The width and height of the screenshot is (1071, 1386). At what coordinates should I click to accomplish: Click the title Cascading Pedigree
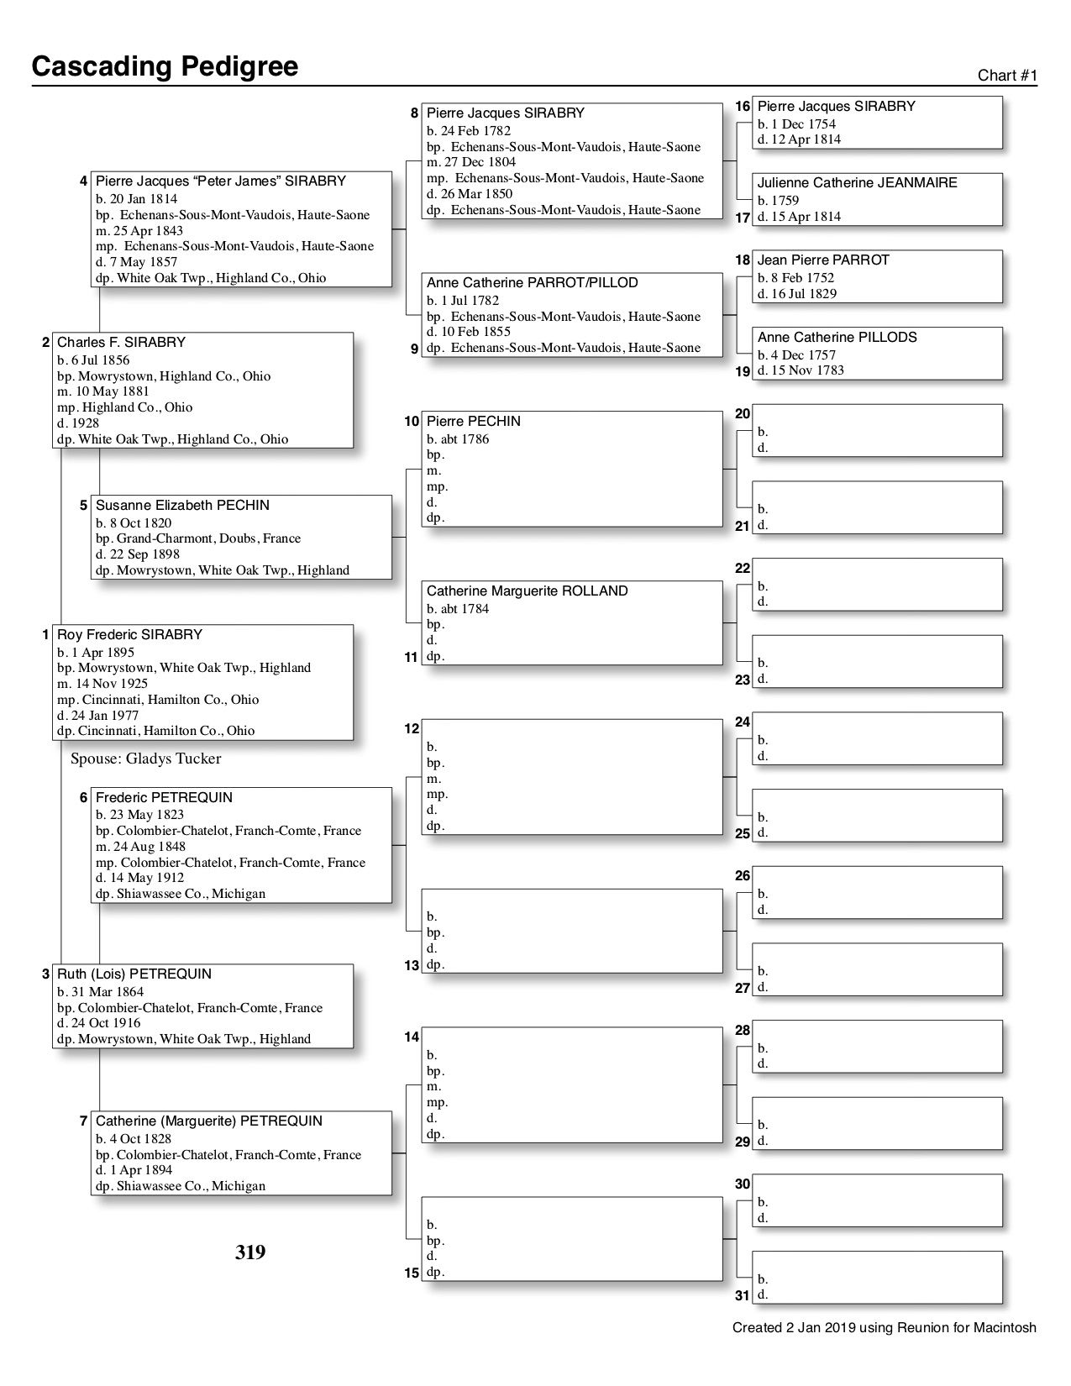[x=165, y=66]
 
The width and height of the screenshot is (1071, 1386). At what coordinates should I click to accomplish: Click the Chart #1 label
[x=1007, y=76]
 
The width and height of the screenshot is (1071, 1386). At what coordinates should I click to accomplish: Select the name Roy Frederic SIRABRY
[x=129, y=635]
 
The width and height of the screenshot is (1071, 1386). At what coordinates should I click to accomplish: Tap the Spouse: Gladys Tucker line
[x=146, y=759]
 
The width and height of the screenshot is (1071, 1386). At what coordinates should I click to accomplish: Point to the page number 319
[x=250, y=1252]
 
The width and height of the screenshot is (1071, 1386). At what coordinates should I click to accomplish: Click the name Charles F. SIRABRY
[x=121, y=343]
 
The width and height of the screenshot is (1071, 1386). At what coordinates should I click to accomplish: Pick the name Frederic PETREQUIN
[x=164, y=798]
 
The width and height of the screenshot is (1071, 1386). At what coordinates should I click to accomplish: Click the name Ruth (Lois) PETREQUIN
[x=134, y=974]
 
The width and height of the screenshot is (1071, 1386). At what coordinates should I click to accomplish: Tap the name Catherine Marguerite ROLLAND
[x=527, y=591]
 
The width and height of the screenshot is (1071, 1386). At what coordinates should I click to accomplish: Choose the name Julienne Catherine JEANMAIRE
[x=857, y=183]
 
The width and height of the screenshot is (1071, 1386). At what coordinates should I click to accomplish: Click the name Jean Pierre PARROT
[x=823, y=260]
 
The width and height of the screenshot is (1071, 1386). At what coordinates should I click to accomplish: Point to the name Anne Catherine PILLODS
[x=837, y=338]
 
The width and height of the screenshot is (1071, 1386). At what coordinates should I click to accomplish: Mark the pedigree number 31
[x=742, y=1296]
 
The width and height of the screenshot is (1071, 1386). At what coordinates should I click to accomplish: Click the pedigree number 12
[x=412, y=729]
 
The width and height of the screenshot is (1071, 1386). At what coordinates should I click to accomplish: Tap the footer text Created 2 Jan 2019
[x=884, y=1328]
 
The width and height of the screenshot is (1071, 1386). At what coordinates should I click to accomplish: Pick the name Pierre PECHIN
[x=473, y=422]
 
